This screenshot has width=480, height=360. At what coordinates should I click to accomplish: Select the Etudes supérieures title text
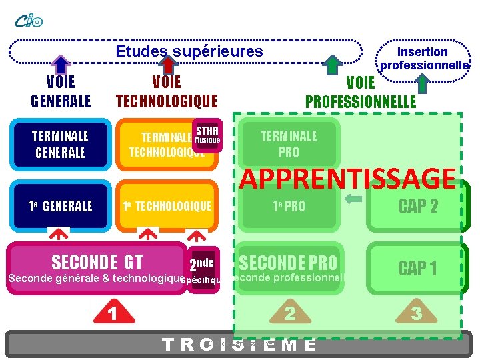click(189, 51)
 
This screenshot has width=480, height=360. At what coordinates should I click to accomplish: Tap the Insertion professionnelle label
click(423, 59)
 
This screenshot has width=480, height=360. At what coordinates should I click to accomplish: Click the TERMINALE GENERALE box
click(60, 144)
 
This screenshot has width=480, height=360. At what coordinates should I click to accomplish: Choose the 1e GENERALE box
click(60, 206)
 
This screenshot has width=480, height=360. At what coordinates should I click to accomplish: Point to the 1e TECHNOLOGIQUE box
click(167, 206)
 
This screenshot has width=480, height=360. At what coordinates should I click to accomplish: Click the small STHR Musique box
click(207, 135)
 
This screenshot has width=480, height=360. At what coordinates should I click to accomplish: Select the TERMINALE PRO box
click(289, 144)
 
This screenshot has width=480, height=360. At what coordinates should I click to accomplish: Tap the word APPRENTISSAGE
click(347, 179)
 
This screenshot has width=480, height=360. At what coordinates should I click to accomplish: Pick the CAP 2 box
click(417, 207)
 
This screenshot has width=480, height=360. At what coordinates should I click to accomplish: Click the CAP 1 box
click(417, 269)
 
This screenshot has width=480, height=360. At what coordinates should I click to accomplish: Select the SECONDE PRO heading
click(288, 263)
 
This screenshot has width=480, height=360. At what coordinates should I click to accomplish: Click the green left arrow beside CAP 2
click(354, 198)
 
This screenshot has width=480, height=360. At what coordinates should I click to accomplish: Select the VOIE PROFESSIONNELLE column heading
click(361, 92)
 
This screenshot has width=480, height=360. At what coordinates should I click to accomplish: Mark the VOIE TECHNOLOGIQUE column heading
click(167, 91)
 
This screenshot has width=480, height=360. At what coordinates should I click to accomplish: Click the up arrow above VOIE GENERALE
click(61, 64)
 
